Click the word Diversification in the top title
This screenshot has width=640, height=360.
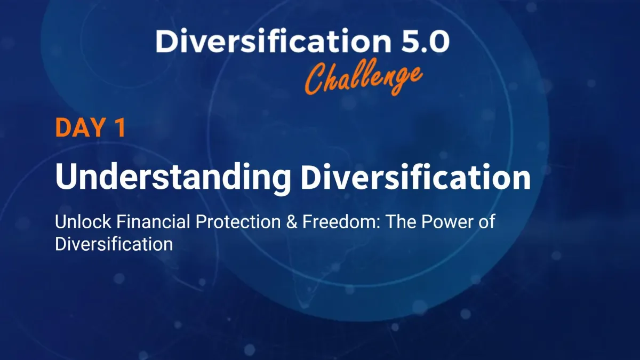point(273,41)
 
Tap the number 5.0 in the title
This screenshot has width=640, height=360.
point(425,41)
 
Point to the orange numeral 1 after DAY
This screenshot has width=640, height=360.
point(121,127)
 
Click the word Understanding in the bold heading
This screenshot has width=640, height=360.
point(173,177)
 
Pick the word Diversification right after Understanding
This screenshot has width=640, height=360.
point(415,176)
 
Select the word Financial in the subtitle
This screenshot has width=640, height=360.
point(153,222)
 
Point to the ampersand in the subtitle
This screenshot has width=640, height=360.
point(291,222)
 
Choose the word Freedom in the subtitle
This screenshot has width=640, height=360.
point(339,222)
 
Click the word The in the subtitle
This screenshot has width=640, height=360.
point(401,222)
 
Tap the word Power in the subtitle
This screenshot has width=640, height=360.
point(446,222)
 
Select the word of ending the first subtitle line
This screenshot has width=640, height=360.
point(486,222)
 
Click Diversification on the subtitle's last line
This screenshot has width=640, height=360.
point(114,244)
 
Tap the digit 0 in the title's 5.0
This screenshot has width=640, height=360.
point(438,42)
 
